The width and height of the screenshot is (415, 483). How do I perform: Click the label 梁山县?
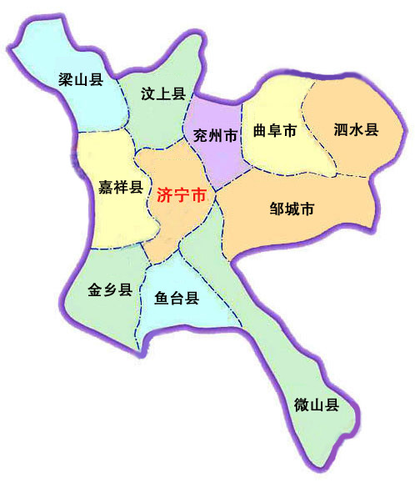tap(80, 79)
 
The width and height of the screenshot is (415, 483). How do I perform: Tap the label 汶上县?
tap(162, 93)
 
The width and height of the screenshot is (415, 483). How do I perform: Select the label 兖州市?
tap(215, 133)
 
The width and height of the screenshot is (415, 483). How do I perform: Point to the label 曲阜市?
tap(275, 131)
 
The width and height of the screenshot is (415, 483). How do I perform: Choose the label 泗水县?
tap(356, 129)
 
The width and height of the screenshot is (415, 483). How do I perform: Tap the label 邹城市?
tap(292, 209)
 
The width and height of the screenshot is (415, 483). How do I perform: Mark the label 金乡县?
tap(110, 289)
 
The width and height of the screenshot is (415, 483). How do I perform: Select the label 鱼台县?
tap(177, 297)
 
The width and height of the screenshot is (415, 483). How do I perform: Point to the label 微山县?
tap(317, 406)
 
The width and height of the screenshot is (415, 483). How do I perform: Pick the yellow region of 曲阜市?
tap(275, 100)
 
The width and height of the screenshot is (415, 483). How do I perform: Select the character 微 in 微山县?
tap(302, 406)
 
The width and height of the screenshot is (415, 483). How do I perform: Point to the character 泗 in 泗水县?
tap(341, 129)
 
